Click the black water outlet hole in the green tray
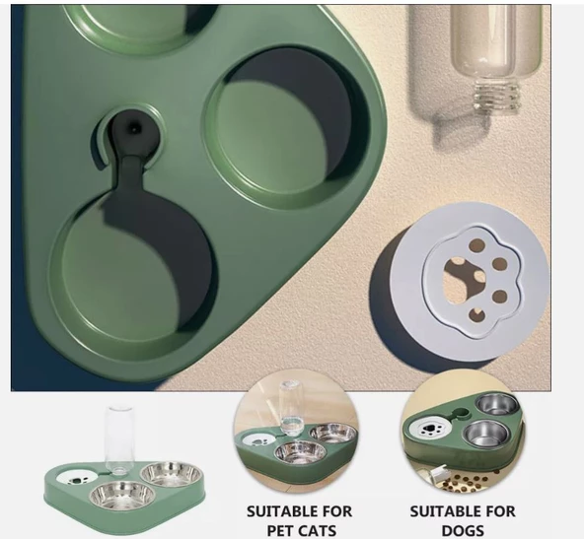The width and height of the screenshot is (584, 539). [134, 129]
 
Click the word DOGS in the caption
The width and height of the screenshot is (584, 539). [463, 530]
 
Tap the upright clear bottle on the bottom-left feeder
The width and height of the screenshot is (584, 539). [116, 440]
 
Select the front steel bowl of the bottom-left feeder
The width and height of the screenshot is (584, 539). [122, 496]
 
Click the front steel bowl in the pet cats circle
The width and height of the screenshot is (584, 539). [300, 451]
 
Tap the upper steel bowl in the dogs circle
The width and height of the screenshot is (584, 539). [498, 404]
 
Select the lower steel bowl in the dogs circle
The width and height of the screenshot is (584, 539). [486, 435]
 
